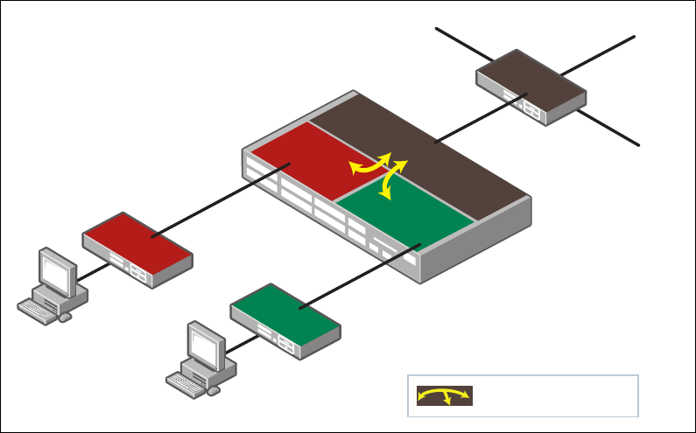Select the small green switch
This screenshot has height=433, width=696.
pos(285,316)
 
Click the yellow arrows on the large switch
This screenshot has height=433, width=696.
pos(382,170)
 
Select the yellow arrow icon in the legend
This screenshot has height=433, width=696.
pos(444,395)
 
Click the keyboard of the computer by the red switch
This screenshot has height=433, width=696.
pos(39,310)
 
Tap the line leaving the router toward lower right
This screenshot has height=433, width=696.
pos(608,128)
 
